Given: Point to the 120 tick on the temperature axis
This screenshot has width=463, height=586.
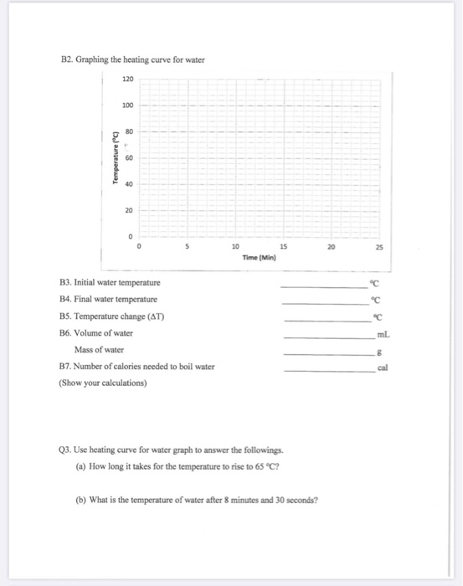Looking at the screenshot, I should (x=127, y=79).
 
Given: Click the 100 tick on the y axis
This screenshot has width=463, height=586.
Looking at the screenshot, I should (x=127, y=105).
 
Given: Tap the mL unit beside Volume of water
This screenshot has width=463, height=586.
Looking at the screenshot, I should (x=386, y=333).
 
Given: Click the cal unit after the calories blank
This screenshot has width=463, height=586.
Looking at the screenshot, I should (x=384, y=367).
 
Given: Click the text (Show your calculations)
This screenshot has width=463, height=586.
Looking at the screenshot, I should (x=102, y=383).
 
